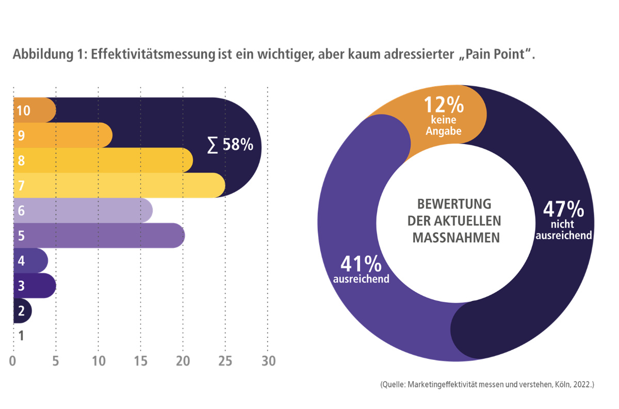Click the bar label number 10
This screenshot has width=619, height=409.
(23, 111)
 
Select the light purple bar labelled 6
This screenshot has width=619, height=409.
(83, 210)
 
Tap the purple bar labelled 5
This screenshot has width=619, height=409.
(98, 235)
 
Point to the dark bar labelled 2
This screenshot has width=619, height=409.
(22, 311)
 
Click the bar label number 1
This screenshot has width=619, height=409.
(21, 336)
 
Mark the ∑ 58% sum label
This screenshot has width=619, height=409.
(230, 145)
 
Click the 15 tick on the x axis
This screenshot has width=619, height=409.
(140, 361)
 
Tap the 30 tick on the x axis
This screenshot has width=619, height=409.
(267, 361)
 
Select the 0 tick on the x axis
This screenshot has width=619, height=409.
(13, 361)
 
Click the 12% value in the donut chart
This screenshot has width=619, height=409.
(443, 105)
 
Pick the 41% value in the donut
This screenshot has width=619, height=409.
(361, 264)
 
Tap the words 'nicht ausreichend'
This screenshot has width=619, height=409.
(563, 230)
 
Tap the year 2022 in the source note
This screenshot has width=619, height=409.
(583, 385)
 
